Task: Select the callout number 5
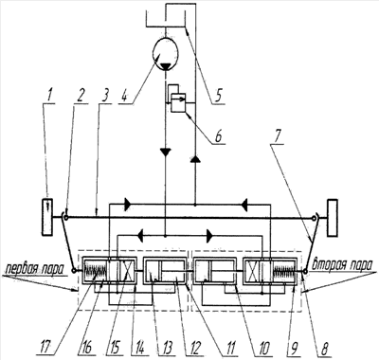pos(218,95)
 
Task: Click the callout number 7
pos(277,135)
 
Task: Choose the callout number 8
pos(323,348)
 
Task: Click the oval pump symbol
pos(165,53)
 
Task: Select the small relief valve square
pos(178,102)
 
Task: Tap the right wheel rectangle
pos(333,217)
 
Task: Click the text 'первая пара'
pos(35,269)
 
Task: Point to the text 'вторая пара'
pos(342,264)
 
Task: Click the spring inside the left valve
pos(95,271)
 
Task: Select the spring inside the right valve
pos(283,271)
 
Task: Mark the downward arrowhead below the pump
pos(165,153)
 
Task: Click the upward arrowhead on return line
pos(195,158)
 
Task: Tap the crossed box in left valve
pos(127,271)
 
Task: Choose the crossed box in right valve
pos(252,271)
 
